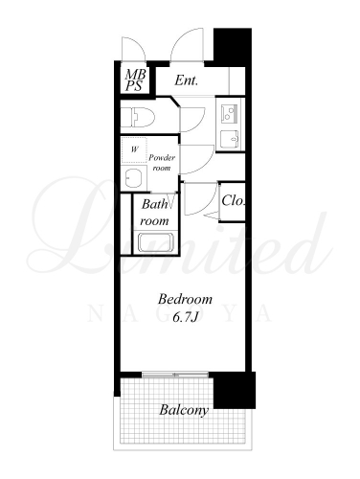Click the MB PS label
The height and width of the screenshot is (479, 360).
pos(135,80)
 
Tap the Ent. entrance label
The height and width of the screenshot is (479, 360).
pos(187,80)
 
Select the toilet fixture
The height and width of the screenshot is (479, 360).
pos(138,117)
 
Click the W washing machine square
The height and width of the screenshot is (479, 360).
pos(134,149)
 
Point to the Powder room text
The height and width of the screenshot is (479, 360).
pos(162,163)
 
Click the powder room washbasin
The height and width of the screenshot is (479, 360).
pos(134,178)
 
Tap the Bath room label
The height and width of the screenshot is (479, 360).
pos(154,213)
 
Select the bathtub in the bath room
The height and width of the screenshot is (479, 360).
pos(155,242)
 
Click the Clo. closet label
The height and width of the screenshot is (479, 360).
pos(234,200)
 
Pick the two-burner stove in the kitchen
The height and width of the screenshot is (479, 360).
pos(228,114)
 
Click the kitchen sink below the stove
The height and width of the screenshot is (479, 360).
pos(230,139)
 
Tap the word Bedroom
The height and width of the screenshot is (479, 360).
pos(185,299)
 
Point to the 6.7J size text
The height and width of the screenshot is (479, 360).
pos(186,317)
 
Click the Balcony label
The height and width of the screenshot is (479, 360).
pos(184,410)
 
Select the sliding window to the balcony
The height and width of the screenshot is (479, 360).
pos(175,375)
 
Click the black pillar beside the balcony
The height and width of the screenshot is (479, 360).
pos(235,390)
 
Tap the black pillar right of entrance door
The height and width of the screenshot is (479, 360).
pos(233,47)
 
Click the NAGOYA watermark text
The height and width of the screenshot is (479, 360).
pos(180,314)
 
